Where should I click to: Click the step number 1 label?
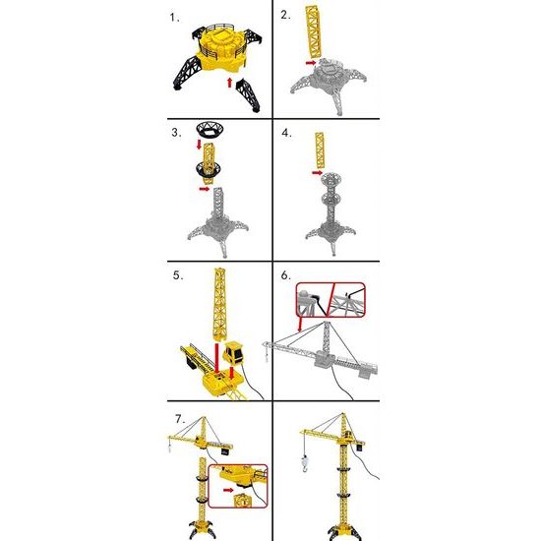174,18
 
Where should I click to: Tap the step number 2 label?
285,15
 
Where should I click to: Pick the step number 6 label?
285,274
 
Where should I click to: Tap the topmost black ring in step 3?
208,128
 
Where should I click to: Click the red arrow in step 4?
314,171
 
